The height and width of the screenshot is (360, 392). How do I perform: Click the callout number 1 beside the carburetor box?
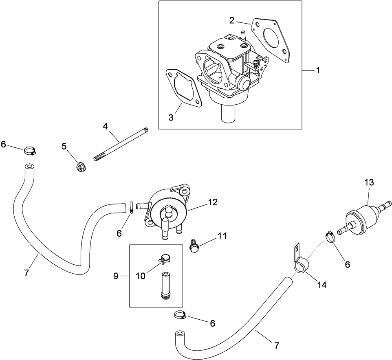(x=317, y=70)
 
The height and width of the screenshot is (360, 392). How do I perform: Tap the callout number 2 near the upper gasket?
(x=231, y=20)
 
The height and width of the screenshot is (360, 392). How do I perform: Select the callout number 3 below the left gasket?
(x=171, y=118)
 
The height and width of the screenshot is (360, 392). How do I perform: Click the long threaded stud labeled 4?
(x=121, y=143)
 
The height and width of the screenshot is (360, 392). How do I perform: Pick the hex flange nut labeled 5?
(x=80, y=167)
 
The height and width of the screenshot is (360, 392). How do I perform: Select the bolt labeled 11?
(x=195, y=246)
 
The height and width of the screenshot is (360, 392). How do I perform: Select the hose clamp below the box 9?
(x=180, y=314)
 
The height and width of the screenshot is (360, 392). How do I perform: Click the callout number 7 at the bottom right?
(x=277, y=346)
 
